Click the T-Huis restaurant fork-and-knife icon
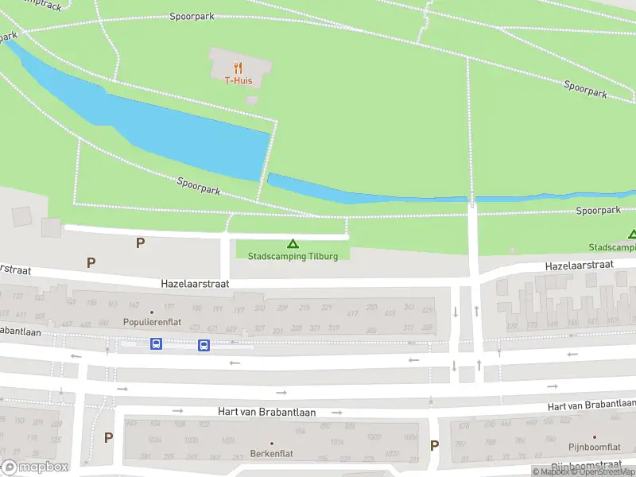pyautogui.click(x=237, y=68)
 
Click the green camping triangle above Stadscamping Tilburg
pyautogui.click(x=293, y=244)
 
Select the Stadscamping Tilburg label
pyautogui.click(x=293, y=256)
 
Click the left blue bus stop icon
pyautogui.click(x=156, y=344)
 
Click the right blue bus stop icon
pyautogui.click(x=204, y=345)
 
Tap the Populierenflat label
pyautogui.click(x=152, y=323)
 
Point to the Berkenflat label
pyautogui.click(x=271, y=454)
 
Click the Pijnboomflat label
pyautogui.click(x=589, y=447)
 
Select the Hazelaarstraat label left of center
pyautogui.click(x=195, y=283)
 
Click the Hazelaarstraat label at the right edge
pyautogui.click(x=579, y=265)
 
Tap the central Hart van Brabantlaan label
pyautogui.click(x=267, y=413)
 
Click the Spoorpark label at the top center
pyautogui.click(x=192, y=16)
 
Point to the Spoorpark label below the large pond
pyautogui.click(x=199, y=187)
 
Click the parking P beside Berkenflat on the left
pyautogui.click(x=108, y=437)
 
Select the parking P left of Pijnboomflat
pyautogui.click(x=434, y=446)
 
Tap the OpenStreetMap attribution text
pyautogui.click(x=602, y=472)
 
